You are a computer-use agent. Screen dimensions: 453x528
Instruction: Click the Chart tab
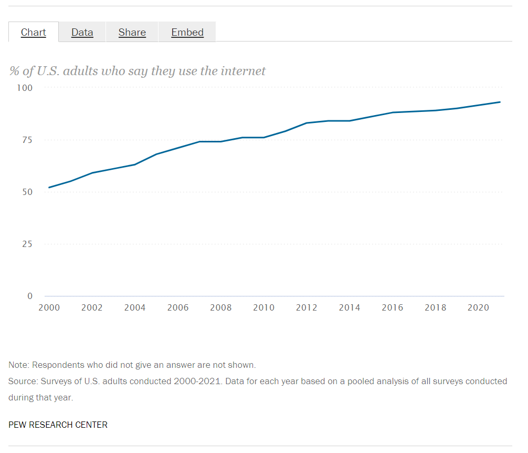coord(34,33)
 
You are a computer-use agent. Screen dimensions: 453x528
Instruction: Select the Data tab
coord(82,33)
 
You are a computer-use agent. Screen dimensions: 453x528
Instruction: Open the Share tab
coord(132,33)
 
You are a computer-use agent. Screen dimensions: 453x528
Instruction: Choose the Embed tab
coord(187,33)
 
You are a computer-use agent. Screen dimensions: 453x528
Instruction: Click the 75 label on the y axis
coord(27,140)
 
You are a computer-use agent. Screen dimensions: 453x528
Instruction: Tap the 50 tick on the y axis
coord(27,192)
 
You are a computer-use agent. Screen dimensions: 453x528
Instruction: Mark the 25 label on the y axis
coord(27,244)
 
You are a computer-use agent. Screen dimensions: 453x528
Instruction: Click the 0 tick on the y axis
coord(30,296)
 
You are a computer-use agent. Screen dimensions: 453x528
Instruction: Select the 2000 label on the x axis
coord(49,307)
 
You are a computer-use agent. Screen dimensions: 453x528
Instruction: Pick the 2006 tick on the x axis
coord(178,307)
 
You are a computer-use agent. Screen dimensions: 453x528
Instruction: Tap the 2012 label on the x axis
coord(307,307)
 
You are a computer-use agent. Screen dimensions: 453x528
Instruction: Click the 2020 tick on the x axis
coord(478,307)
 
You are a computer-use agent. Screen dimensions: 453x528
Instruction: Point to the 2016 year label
coord(393,307)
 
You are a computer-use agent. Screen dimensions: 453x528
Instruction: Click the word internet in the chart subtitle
coord(244,71)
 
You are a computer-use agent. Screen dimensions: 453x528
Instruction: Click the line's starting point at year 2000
coord(49,188)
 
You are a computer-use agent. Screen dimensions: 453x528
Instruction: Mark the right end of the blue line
coord(500,102)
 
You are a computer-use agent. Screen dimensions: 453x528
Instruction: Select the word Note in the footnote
coord(18,365)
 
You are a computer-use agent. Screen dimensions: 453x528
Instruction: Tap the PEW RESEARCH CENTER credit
coord(58,425)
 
